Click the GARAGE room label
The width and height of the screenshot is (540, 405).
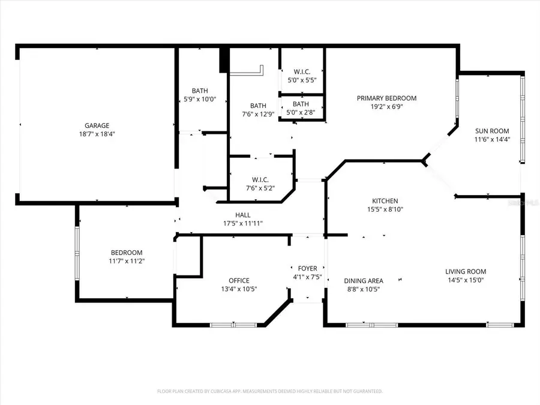pyautogui.click(x=96, y=125)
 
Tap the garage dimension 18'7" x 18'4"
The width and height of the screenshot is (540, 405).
pyautogui.click(x=96, y=134)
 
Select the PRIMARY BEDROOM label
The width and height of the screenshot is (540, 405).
pyautogui.click(x=386, y=98)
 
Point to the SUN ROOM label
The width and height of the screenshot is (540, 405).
pyautogui.click(x=492, y=131)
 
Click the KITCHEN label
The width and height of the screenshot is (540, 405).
pyautogui.click(x=385, y=201)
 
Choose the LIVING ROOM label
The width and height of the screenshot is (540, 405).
pyautogui.click(x=466, y=271)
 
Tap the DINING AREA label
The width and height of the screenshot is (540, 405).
pyautogui.click(x=363, y=280)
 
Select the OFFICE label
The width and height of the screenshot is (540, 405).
pyautogui.click(x=239, y=280)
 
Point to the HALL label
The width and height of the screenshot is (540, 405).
pyautogui.click(x=243, y=215)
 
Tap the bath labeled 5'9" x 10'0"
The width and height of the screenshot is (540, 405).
pyautogui.click(x=200, y=95)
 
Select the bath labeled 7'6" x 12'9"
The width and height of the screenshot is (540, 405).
pyautogui.click(x=258, y=110)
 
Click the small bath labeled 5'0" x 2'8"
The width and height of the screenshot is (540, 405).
pyautogui.click(x=301, y=107)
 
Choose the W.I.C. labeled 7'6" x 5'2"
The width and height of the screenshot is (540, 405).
pyautogui.click(x=260, y=184)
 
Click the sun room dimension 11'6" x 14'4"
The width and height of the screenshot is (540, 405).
pyautogui.click(x=492, y=140)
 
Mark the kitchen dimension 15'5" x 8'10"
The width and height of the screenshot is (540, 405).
pyautogui.click(x=385, y=210)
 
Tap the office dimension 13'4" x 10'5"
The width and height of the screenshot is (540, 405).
pyautogui.click(x=239, y=289)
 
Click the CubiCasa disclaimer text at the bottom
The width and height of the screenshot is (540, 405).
pyautogui.click(x=270, y=391)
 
